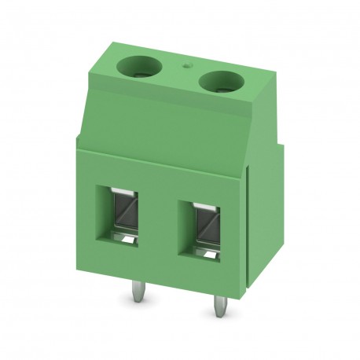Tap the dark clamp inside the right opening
coord(206,230)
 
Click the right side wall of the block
coord(251,212)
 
